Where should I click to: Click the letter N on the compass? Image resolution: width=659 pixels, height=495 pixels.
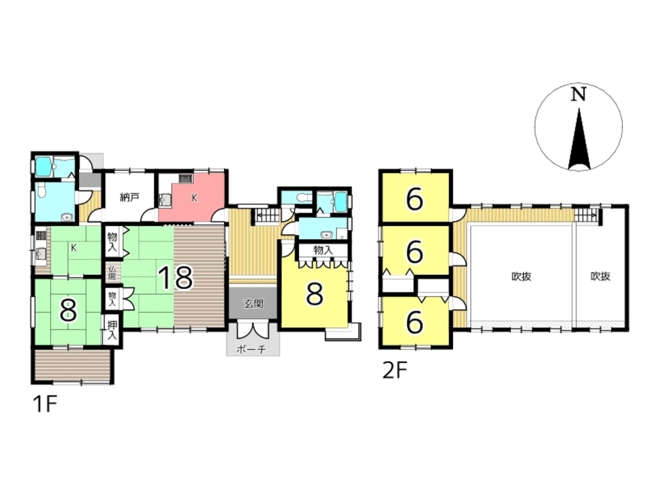tap(578, 95)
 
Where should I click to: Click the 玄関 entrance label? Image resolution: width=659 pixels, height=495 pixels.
tap(254, 304)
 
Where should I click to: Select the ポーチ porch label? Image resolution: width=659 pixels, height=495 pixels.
tap(251, 349)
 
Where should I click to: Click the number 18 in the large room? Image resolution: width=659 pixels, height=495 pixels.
tap(176, 278)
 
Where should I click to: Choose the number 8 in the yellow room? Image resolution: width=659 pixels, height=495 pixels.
tap(314, 294)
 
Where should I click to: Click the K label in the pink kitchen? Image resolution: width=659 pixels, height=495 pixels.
tap(194, 198)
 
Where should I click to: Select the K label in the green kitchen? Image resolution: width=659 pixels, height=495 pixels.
tap(74, 248)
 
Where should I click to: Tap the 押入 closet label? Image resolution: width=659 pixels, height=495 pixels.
tap(112, 331)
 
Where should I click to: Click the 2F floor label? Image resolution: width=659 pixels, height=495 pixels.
tap(395, 371)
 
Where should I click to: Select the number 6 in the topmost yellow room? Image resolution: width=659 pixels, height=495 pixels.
tap(414, 200)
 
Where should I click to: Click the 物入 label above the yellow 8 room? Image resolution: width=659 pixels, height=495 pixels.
tap(323, 250)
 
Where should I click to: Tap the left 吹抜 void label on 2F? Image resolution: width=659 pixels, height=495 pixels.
tap(521, 277)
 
